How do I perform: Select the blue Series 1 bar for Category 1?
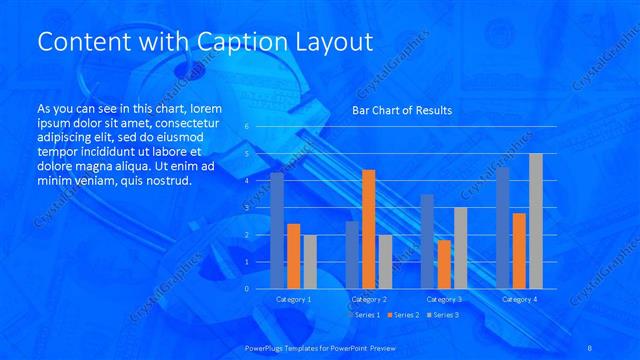[x=277, y=231]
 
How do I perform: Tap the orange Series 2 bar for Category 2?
[x=368, y=229]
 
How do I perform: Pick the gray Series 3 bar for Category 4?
[x=535, y=221]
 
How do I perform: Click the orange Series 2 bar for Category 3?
[x=444, y=264]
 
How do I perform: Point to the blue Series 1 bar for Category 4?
[x=503, y=228]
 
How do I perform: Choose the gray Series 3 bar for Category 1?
[x=309, y=262]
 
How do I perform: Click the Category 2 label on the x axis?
[x=368, y=299]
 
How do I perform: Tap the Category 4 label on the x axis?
[x=519, y=299]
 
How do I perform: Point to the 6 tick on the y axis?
[x=246, y=127]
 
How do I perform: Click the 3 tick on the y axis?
[x=246, y=208]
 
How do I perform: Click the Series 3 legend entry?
[x=444, y=315]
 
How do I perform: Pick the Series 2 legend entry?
[x=405, y=315]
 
